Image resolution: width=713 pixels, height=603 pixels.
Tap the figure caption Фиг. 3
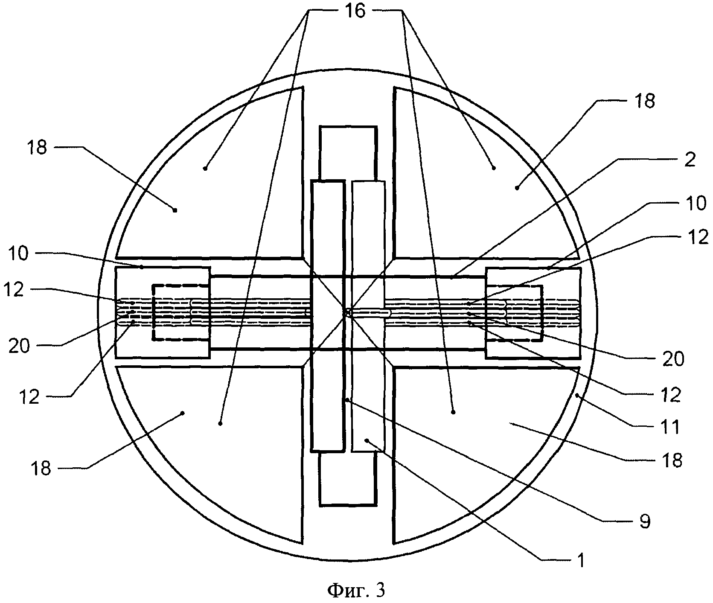click(x=356, y=590)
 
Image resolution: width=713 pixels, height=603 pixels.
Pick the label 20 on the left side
click(x=19, y=346)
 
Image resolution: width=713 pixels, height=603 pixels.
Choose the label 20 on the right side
click(x=673, y=359)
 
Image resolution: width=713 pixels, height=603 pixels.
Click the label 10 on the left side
click(x=17, y=254)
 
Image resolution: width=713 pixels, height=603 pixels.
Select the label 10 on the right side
click(x=696, y=204)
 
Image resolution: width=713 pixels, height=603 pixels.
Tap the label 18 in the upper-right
click(x=645, y=102)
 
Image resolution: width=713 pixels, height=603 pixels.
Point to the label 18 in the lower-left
click(x=41, y=468)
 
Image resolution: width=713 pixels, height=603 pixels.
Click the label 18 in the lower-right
click(x=672, y=460)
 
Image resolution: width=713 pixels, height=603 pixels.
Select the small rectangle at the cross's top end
click(x=348, y=153)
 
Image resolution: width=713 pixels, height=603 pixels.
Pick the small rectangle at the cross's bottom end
click(x=348, y=478)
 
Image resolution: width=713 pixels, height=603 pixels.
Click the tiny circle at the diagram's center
click(x=348, y=313)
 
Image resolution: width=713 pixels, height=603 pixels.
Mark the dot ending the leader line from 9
click(x=348, y=400)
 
